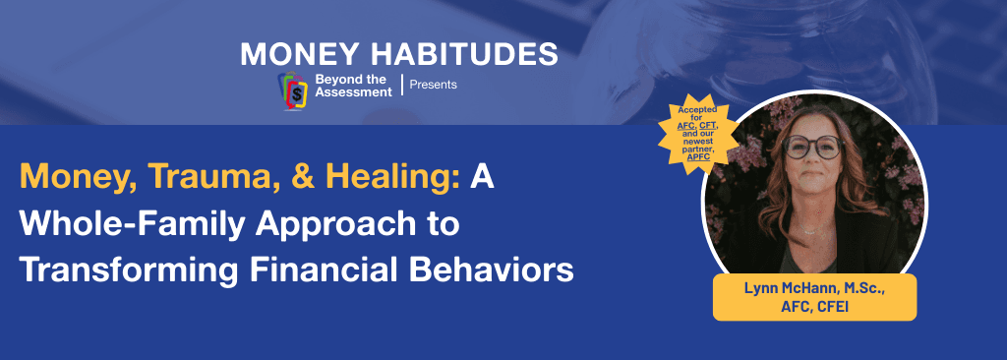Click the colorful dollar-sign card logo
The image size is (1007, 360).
point(291,90)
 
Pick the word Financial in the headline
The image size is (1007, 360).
point(324,269)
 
